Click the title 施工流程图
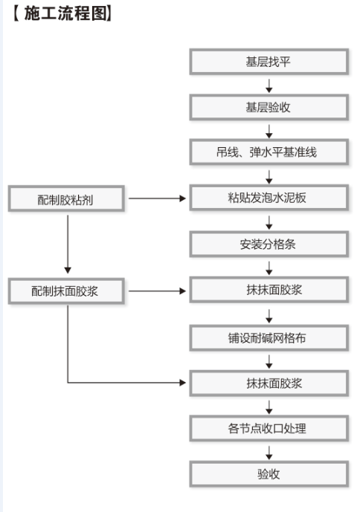pyautogui.click(x=62, y=13)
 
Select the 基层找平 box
pyautogui.click(x=269, y=62)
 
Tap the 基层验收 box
pyautogui.click(x=269, y=107)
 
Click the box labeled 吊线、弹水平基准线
pyautogui.click(x=269, y=152)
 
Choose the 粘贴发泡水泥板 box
pyautogui.click(x=269, y=198)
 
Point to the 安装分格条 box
pyautogui.click(x=269, y=244)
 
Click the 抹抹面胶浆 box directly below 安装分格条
pyautogui.click(x=269, y=290)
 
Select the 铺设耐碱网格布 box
pyautogui.click(x=269, y=338)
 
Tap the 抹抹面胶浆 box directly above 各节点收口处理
pyautogui.click(x=269, y=383)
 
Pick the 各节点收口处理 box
pyautogui.click(x=269, y=429)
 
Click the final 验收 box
pyautogui.click(x=269, y=474)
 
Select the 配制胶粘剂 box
pyautogui.click(x=66, y=198)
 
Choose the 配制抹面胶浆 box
pyautogui.click(x=66, y=291)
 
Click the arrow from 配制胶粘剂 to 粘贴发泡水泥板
pyautogui.click(x=157, y=198)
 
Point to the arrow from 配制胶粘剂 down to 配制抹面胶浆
pyautogui.click(x=68, y=244)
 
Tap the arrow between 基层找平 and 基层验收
pyautogui.click(x=269, y=85)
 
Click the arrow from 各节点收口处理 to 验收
pyautogui.click(x=269, y=453)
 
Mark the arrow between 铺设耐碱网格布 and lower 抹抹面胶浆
pyautogui.click(x=269, y=362)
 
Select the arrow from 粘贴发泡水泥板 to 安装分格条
pyautogui.click(x=269, y=222)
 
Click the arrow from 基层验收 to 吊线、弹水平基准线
pyautogui.click(x=269, y=132)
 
